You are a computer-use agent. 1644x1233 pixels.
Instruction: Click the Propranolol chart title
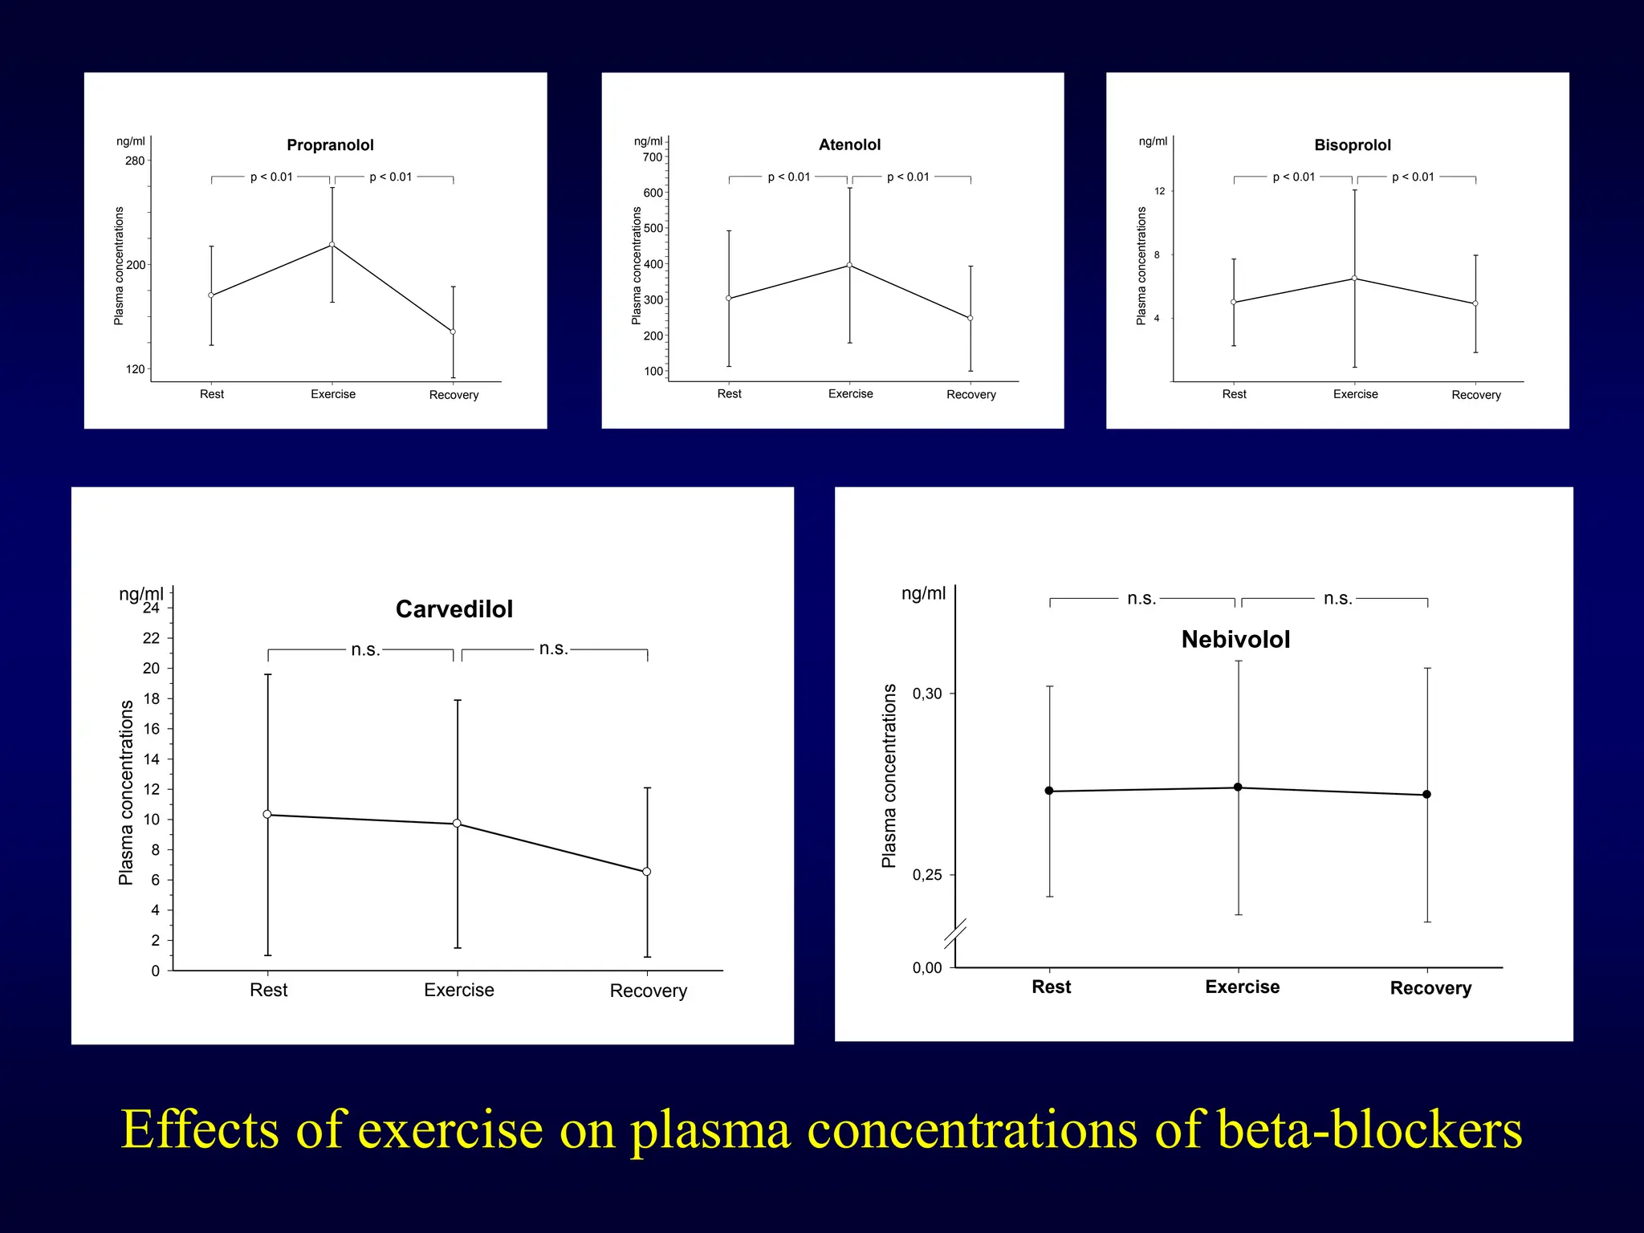(x=330, y=145)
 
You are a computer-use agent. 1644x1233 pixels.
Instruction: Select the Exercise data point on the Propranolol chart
(x=332, y=245)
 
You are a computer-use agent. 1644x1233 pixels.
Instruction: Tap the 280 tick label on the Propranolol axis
(x=135, y=161)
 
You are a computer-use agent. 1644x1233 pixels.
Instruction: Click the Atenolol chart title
(x=849, y=145)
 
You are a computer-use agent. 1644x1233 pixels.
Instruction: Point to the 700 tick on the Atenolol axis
(x=653, y=157)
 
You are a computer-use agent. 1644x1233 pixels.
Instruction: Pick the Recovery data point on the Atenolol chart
(x=970, y=319)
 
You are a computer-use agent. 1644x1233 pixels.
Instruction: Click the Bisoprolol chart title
(x=1352, y=145)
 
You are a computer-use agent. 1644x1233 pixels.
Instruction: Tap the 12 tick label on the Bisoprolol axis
(x=1159, y=191)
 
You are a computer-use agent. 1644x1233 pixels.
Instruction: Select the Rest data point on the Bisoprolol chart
(x=1233, y=303)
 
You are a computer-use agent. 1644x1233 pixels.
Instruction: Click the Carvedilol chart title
(x=454, y=609)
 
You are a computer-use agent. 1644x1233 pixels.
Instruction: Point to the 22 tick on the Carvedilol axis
(x=151, y=638)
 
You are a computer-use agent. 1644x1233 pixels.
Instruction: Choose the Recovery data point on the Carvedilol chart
(x=646, y=872)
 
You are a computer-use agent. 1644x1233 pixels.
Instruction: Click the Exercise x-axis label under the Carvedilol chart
(x=458, y=990)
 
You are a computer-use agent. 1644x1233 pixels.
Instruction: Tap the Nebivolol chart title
(x=1235, y=640)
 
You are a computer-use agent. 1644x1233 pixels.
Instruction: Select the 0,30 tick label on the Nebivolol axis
(x=927, y=694)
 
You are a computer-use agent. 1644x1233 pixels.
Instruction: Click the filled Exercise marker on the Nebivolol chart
(x=1238, y=787)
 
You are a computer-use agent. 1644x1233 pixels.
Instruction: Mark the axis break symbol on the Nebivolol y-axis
(x=954, y=934)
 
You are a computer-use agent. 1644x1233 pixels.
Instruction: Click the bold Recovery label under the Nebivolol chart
(x=1430, y=988)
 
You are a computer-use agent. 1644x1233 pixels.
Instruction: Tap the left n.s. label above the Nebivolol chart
(x=1141, y=599)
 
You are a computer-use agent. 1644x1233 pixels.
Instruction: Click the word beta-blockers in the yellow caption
(x=1369, y=1129)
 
